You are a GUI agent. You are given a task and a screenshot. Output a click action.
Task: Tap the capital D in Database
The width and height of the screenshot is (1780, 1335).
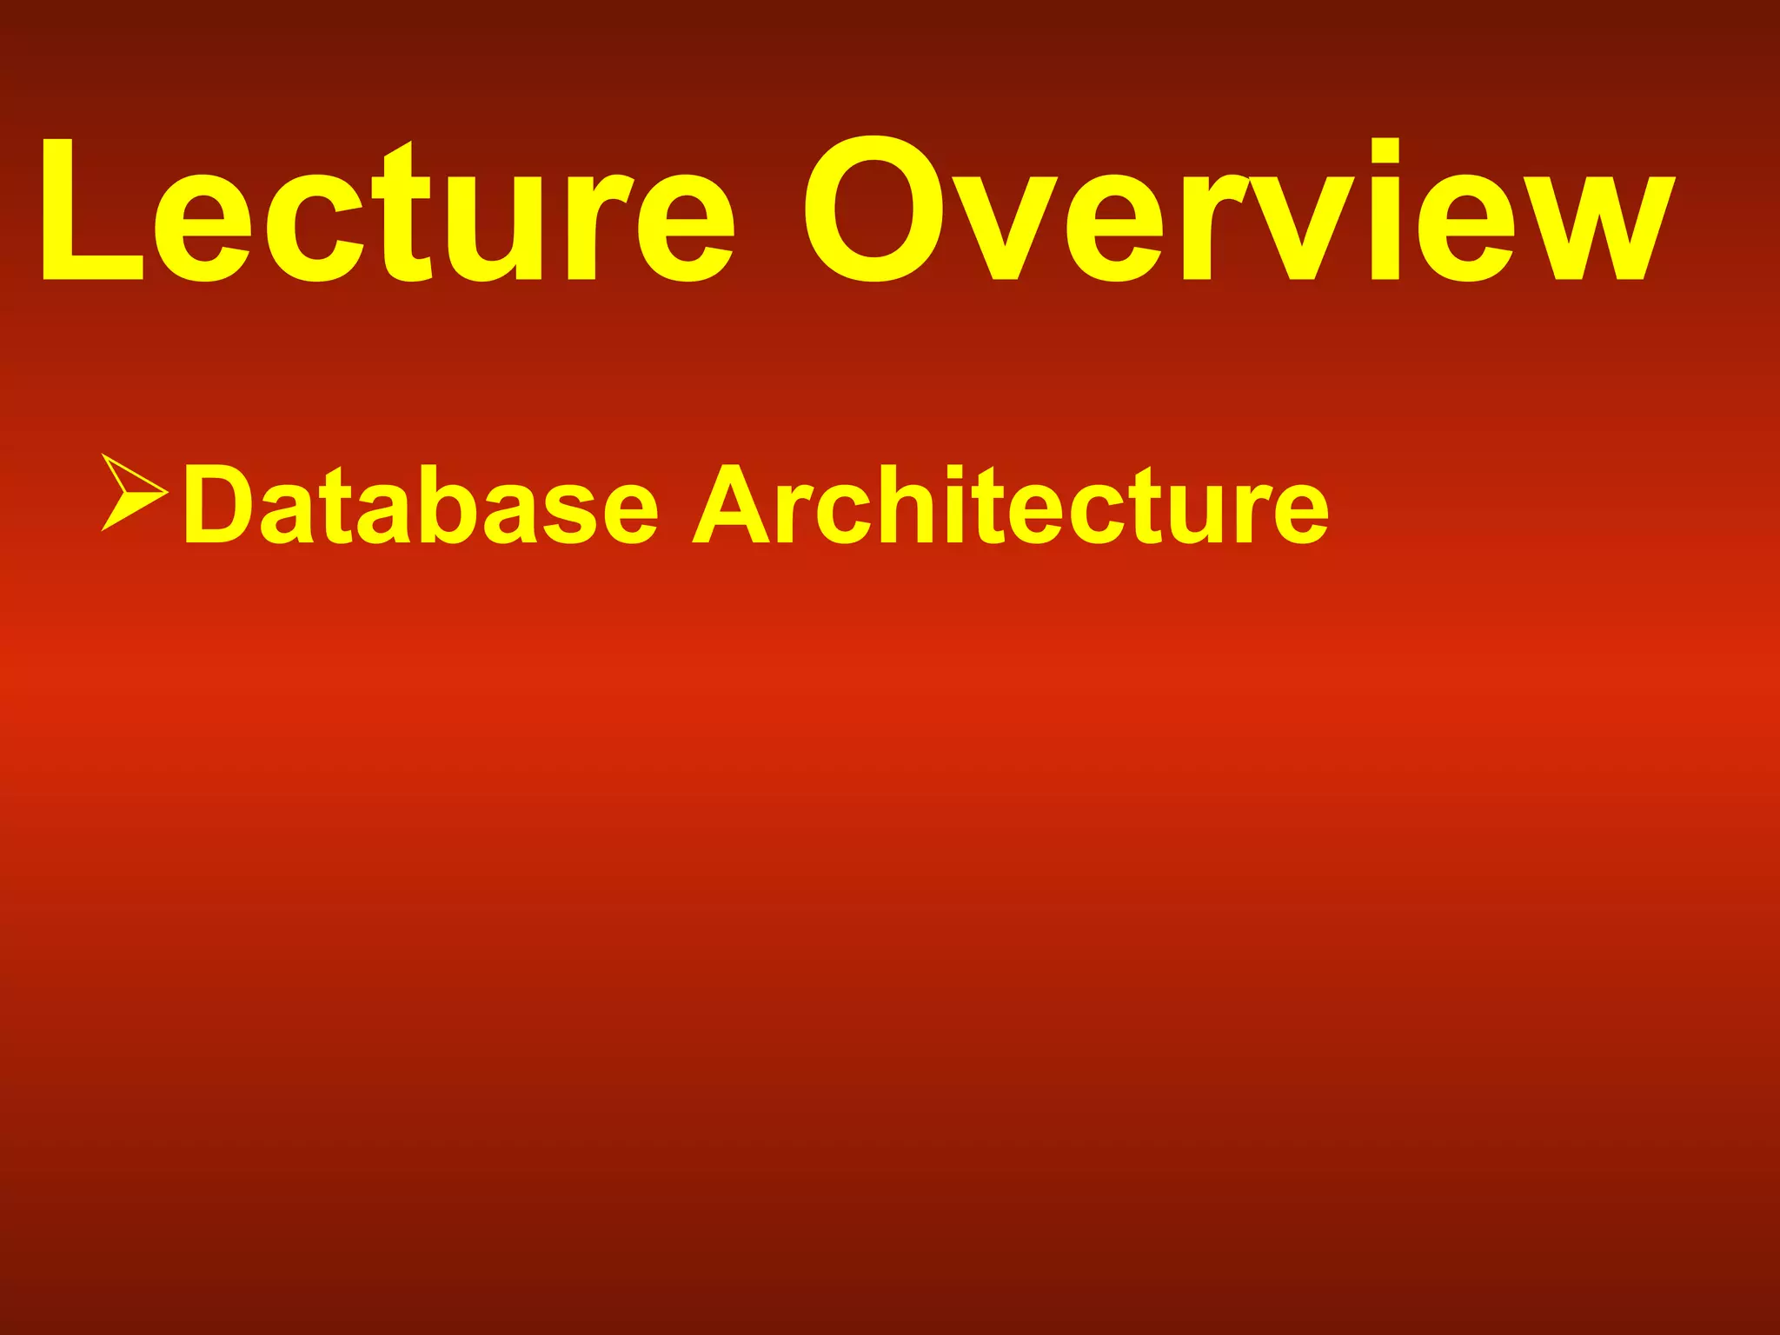click(218, 504)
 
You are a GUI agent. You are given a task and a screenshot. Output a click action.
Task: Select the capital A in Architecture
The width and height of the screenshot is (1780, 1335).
click(730, 504)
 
